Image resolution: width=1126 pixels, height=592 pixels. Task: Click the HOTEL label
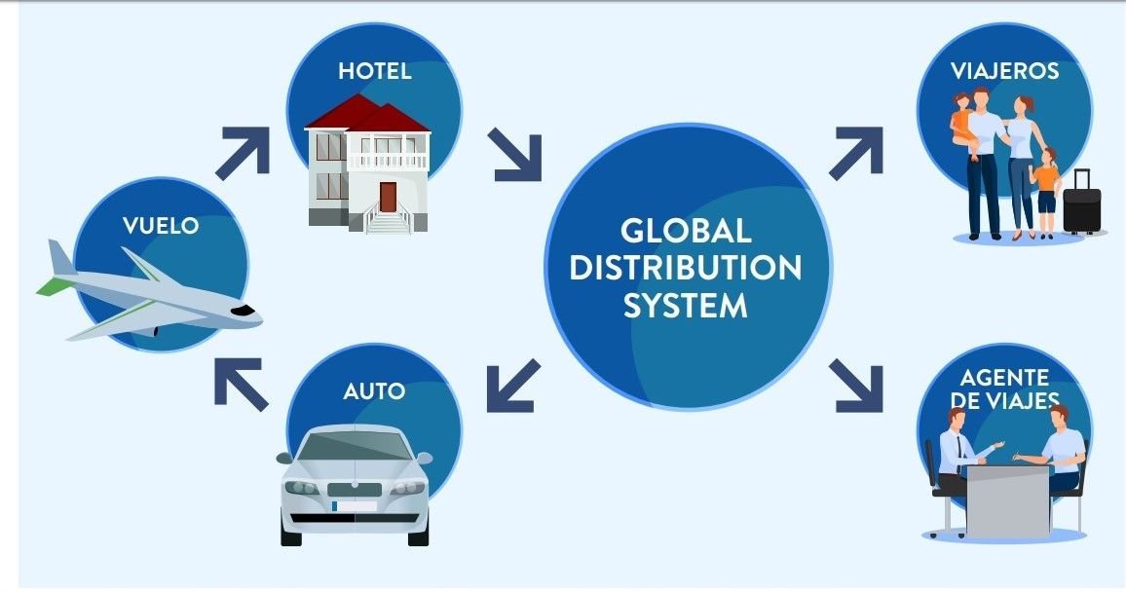[x=375, y=71]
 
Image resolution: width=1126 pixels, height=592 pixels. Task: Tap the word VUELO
[x=161, y=226]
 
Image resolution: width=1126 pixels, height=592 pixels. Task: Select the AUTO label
[x=374, y=391]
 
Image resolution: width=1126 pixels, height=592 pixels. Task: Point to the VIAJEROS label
[x=1005, y=71]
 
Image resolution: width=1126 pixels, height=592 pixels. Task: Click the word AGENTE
[x=1004, y=378]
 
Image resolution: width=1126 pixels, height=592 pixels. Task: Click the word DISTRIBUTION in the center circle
[x=686, y=268]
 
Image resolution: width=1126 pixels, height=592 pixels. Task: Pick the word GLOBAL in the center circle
[x=686, y=232]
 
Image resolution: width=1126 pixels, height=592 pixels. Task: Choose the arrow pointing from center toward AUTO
[x=513, y=385]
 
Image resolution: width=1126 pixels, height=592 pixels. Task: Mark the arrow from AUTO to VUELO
[x=240, y=382]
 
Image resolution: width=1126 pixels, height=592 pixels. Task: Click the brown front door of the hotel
[x=388, y=197]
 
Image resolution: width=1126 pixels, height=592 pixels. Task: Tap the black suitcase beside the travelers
[x=1081, y=203]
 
